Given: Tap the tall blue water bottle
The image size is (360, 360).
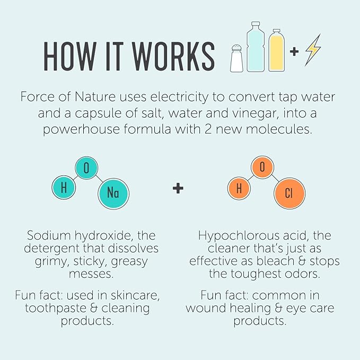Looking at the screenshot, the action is (x=256, y=47).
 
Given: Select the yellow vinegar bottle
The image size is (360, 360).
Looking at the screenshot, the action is (x=276, y=50).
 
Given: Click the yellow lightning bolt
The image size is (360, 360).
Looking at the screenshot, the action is (x=313, y=50).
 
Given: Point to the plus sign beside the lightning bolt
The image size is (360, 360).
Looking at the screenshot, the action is (x=294, y=51).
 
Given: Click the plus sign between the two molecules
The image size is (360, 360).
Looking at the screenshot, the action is (x=178, y=189).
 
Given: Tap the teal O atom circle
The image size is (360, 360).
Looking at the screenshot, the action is (x=86, y=168).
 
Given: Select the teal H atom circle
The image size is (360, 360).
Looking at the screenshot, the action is (x=64, y=187).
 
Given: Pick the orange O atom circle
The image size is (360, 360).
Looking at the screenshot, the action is (x=262, y=167).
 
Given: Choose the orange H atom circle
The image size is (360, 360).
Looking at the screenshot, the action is (x=239, y=188).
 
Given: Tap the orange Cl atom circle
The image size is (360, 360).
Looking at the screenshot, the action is (x=289, y=193).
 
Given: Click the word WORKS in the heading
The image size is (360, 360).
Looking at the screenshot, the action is (x=173, y=57).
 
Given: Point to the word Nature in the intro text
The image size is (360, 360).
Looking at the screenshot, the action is (x=95, y=96).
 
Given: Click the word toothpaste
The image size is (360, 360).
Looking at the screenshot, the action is (x=55, y=309).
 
